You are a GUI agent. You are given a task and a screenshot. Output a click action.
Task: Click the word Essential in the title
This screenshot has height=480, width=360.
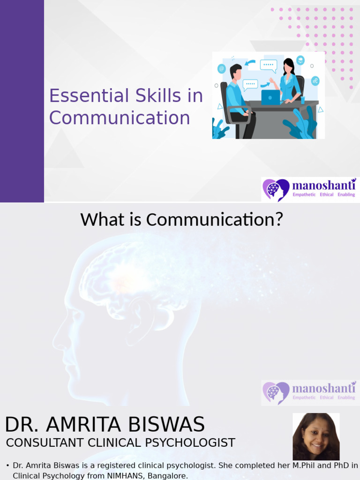[75, 96]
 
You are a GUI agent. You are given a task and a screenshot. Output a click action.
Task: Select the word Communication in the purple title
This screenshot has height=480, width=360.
[120, 118]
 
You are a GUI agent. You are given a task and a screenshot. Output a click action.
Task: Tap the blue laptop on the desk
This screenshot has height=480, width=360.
[270, 97]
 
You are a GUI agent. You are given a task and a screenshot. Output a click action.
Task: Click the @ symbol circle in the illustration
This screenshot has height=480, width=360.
[222, 69]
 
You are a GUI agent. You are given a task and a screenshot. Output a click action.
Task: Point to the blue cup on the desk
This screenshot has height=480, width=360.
[303, 99]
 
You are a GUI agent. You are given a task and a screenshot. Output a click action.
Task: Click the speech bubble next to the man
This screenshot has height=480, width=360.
[250, 84]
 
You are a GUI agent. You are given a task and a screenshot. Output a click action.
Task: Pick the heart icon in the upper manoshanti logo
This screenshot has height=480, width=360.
[276, 189]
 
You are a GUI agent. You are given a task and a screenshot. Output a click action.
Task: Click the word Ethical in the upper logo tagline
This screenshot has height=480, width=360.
[326, 195]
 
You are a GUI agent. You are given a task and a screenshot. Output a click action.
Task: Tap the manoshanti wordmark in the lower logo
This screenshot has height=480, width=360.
[324, 388]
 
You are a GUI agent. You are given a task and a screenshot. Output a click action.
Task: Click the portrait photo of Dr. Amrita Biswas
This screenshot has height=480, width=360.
[316, 436]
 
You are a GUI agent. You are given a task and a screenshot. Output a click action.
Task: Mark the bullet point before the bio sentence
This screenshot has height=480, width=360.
[8, 465]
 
